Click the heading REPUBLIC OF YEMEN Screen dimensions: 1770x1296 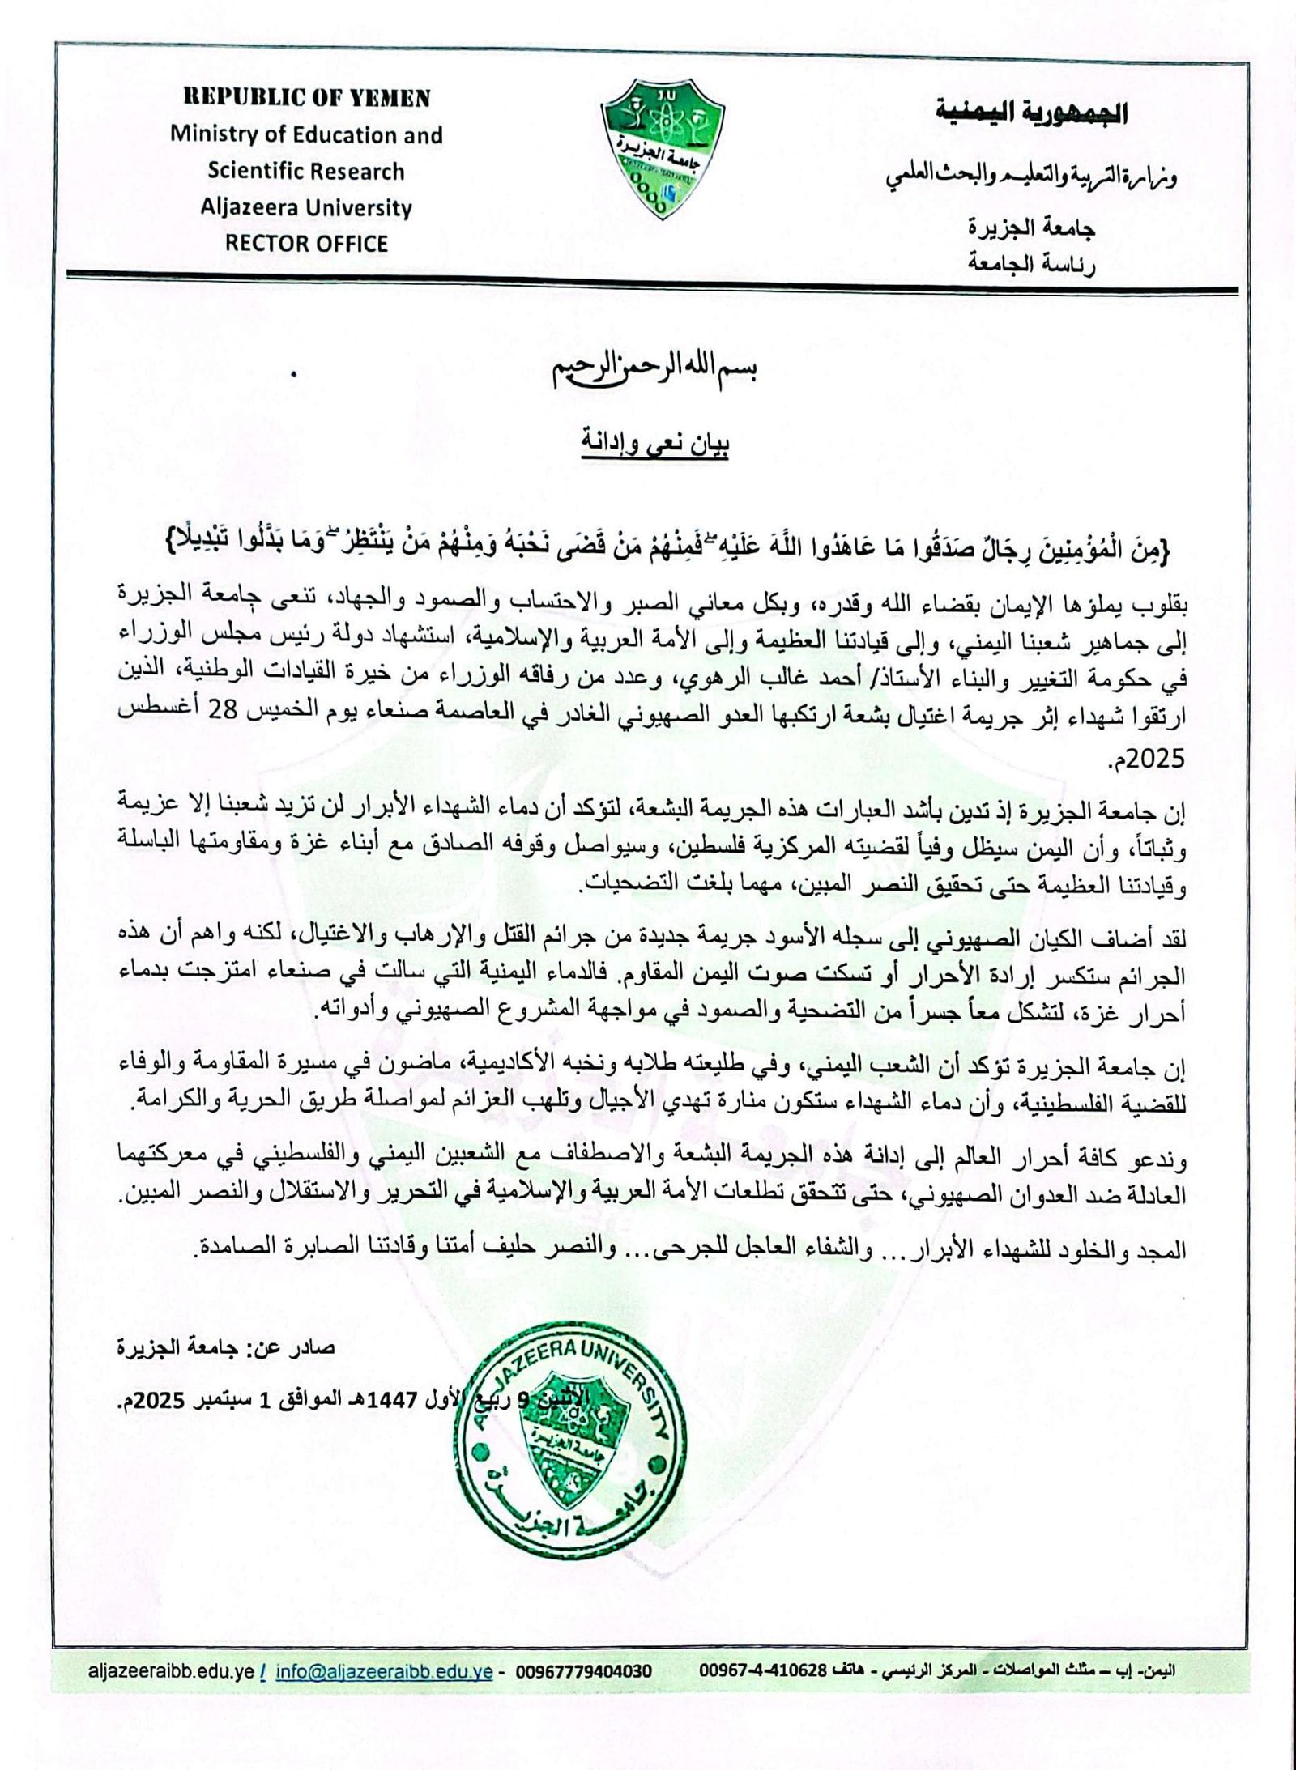coord(307,98)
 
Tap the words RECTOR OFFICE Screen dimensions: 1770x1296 coord(307,243)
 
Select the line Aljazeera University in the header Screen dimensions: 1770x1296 coord(307,207)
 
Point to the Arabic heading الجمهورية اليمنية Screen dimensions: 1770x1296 coord(1031,113)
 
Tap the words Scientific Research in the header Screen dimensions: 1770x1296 coord(307,171)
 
